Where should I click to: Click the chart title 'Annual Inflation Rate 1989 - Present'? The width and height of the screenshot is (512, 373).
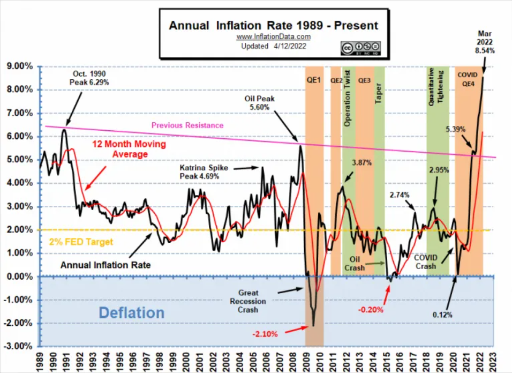274,25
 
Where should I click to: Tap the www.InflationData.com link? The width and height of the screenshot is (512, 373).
274,37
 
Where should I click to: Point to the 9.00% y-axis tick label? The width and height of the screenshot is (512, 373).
19,66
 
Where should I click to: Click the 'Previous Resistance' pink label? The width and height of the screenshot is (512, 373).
187,125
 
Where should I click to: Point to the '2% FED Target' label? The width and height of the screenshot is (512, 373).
81,242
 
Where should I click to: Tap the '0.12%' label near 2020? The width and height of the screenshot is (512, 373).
443,315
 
